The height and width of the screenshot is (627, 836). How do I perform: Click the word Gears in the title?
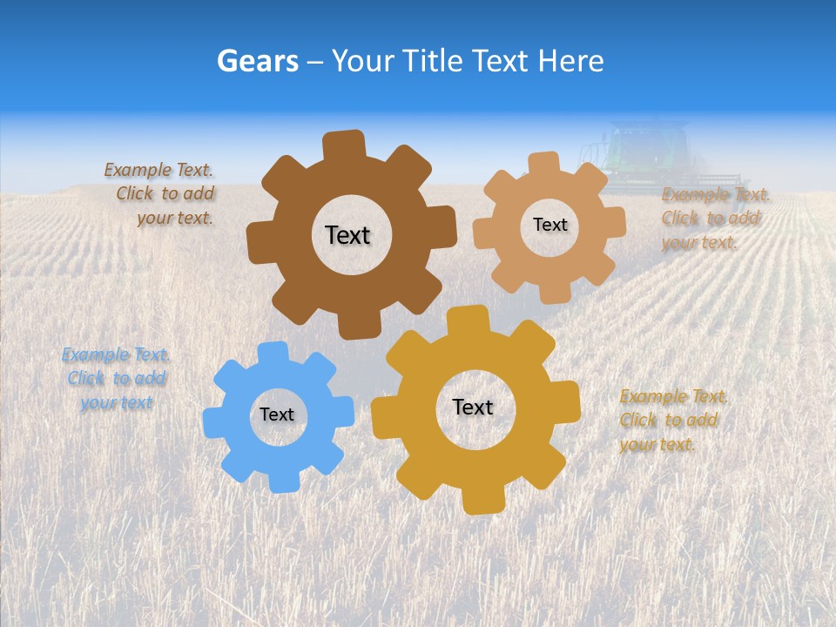tap(258, 61)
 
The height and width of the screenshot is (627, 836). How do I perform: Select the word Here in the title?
tap(570, 61)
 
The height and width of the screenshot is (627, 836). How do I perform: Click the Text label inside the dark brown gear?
tap(347, 235)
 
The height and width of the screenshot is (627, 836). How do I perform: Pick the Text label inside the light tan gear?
tap(549, 225)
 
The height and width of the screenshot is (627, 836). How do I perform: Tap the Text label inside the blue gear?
tap(277, 415)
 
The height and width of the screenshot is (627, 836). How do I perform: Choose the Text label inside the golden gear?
tap(473, 407)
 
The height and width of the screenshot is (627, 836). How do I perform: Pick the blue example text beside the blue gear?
tap(117, 379)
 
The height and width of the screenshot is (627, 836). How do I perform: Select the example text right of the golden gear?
tap(673, 421)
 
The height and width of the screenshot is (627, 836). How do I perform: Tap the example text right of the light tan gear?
tap(714, 219)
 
